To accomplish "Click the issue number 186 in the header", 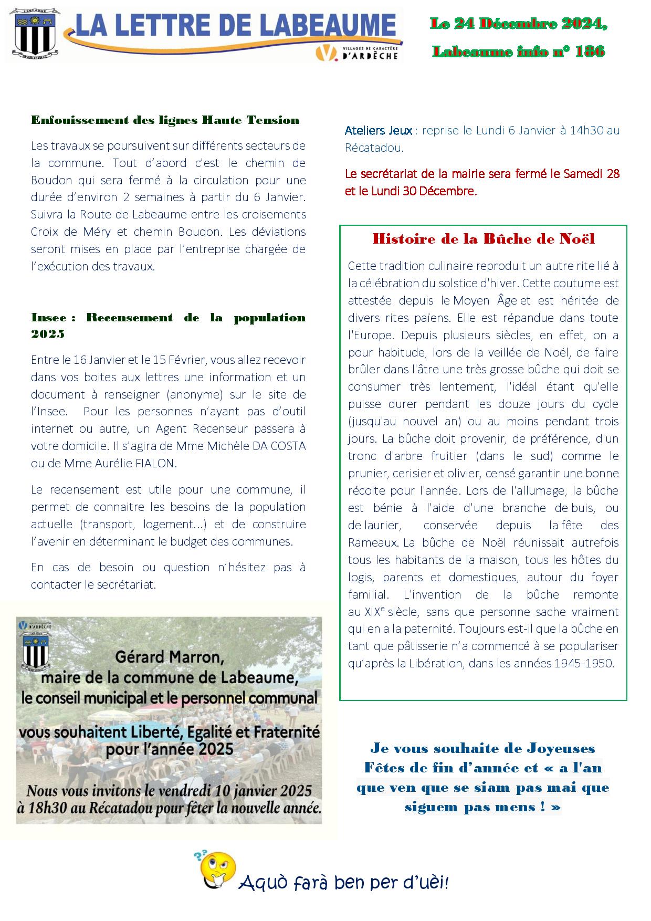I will tap(590, 51).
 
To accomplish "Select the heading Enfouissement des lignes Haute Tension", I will tap(165, 120).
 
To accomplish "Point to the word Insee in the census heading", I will tap(49, 318).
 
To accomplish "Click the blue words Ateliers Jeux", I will tap(379, 131).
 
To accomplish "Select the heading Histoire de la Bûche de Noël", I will tap(483, 239).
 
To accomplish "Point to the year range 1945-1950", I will tap(583, 663).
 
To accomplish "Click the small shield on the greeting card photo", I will tap(35, 648).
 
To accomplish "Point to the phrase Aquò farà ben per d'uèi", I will tap(344, 883).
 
